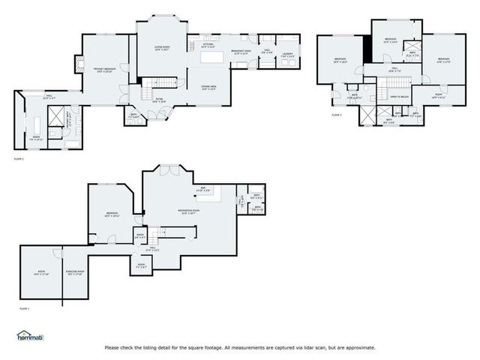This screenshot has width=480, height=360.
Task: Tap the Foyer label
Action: pyautogui.click(x=160, y=100)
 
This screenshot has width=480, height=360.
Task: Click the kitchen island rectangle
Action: pyautogui.click(x=212, y=57)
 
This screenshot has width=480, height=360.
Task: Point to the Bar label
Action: pyautogui.click(x=202, y=189)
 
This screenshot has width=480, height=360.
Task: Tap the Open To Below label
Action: pyautogui.click(x=399, y=97)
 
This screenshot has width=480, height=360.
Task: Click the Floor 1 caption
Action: pyautogui.click(x=23, y=308)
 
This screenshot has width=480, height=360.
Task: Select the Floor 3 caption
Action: pyautogui.click(x=337, y=115)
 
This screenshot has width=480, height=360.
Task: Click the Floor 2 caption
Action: pyautogui.click(x=19, y=159)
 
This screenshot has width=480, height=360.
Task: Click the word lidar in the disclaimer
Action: pyautogui.click(x=314, y=347)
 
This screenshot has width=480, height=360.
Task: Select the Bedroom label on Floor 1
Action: pyautogui.click(x=112, y=214)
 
